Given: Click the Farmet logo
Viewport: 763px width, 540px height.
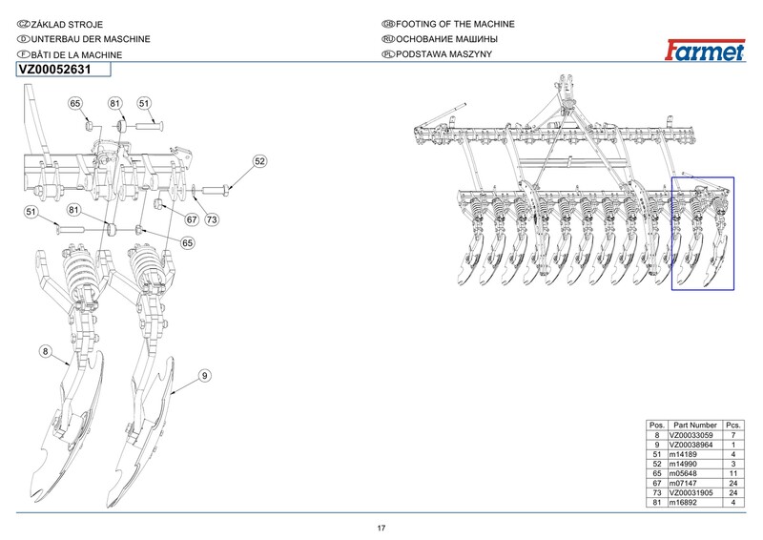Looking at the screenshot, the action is pyautogui.click(x=705, y=51).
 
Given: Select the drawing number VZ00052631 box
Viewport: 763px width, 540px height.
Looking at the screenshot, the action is pyautogui.click(x=64, y=70).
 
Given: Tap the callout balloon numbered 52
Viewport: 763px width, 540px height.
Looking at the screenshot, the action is pyautogui.click(x=260, y=161).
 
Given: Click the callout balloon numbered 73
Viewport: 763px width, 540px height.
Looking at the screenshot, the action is pyautogui.click(x=212, y=219).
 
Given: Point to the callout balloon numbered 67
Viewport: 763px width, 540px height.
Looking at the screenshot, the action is pyautogui.click(x=192, y=219).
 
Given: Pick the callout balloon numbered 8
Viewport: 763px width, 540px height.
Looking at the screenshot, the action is pyautogui.click(x=45, y=351).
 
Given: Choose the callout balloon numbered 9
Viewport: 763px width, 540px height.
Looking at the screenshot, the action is pyautogui.click(x=205, y=375).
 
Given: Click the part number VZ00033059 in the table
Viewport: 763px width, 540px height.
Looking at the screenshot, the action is pyautogui.click(x=691, y=435).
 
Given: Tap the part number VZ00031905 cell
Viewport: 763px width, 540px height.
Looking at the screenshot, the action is pyautogui.click(x=691, y=492).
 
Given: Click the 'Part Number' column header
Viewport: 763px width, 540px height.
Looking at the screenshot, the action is pyautogui.click(x=695, y=426).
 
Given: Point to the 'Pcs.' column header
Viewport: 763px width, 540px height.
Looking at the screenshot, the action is pyautogui.click(x=733, y=426).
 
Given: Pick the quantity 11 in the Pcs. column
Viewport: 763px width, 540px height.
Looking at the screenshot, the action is pyautogui.click(x=733, y=473).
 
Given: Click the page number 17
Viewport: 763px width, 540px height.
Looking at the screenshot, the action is pyautogui.click(x=381, y=528).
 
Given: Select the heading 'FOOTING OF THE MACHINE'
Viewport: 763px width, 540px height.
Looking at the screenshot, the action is pyautogui.click(x=455, y=24).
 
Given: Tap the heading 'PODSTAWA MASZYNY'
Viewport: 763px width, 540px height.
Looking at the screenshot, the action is pyautogui.click(x=443, y=54).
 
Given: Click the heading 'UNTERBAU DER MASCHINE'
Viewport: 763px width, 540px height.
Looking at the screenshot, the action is pyautogui.click(x=91, y=39).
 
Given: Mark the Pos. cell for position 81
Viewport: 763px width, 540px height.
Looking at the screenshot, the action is pyautogui.click(x=657, y=502).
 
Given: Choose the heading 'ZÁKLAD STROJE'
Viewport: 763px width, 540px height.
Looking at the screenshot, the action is pyautogui.click(x=67, y=25).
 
